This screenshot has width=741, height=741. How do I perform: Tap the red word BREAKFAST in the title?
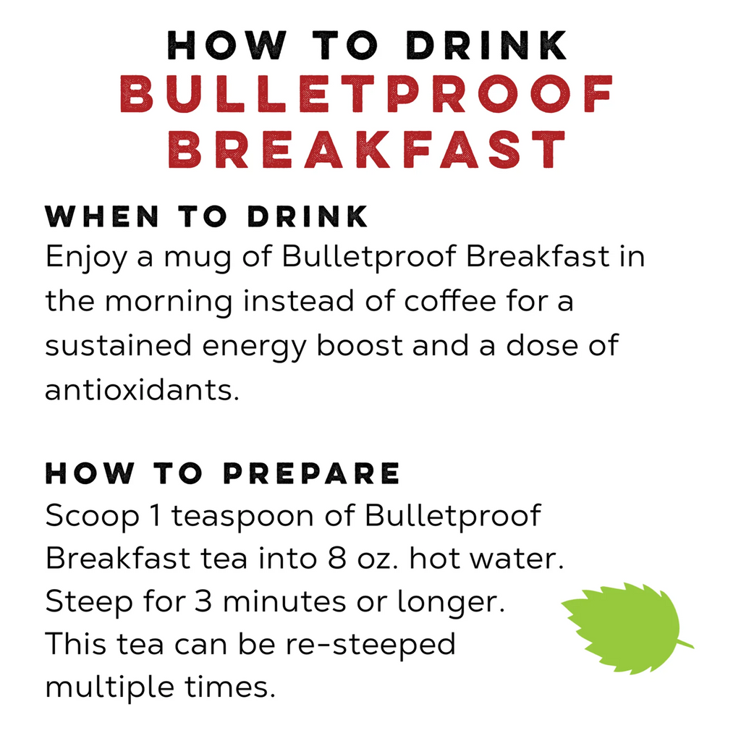click(367, 150)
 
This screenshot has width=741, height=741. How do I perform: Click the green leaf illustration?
click(622, 627)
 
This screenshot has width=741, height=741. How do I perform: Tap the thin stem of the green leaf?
click(685, 643)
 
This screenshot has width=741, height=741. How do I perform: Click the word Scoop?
click(84, 517)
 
